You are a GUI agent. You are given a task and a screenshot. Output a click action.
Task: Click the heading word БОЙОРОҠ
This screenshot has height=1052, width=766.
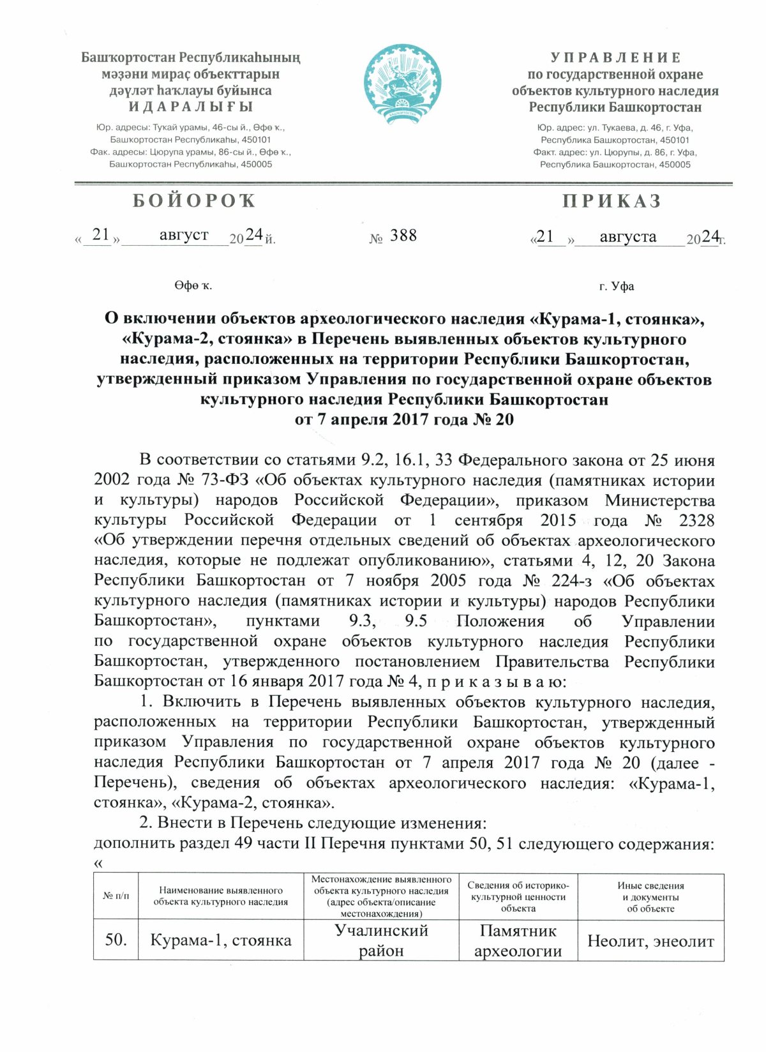[x=194, y=201]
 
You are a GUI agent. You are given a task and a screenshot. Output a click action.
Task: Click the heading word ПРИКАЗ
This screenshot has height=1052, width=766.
[x=612, y=201]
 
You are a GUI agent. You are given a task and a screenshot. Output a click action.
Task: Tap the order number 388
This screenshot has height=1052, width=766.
[x=403, y=236]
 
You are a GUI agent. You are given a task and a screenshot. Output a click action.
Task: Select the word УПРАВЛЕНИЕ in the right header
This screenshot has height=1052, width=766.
[x=615, y=57]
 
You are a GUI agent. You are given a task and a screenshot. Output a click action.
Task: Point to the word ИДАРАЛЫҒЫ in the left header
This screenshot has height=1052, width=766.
[x=191, y=107]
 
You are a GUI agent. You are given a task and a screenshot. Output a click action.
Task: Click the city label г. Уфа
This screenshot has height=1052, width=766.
[x=616, y=286]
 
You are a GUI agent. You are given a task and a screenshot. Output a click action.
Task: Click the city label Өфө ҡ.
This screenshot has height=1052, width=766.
[x=193, y=285]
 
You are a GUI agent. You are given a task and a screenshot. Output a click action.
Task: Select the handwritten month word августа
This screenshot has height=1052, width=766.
[x=627, y=237]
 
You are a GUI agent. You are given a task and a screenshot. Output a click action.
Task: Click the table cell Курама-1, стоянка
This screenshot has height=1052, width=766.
[x=220, y=940]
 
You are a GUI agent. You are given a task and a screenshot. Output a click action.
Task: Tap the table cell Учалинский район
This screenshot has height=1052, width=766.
[x=381, y=940]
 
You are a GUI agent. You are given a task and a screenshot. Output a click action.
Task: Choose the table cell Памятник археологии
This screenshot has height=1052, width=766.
[x=518, y=940]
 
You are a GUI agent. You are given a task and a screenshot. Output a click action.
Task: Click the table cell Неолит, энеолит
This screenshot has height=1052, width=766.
[x=650, y=941]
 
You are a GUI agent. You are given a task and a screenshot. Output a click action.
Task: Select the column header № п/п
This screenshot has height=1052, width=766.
[x=116, y=896]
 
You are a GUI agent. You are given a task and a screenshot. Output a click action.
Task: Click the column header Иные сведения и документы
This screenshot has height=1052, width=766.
[x=650, y=896]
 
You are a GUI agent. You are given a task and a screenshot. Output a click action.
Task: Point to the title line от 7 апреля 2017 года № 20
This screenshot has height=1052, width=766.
[x=404, y=419]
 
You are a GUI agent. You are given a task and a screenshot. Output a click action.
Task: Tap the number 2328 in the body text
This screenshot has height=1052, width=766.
[x=696, y=520]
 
